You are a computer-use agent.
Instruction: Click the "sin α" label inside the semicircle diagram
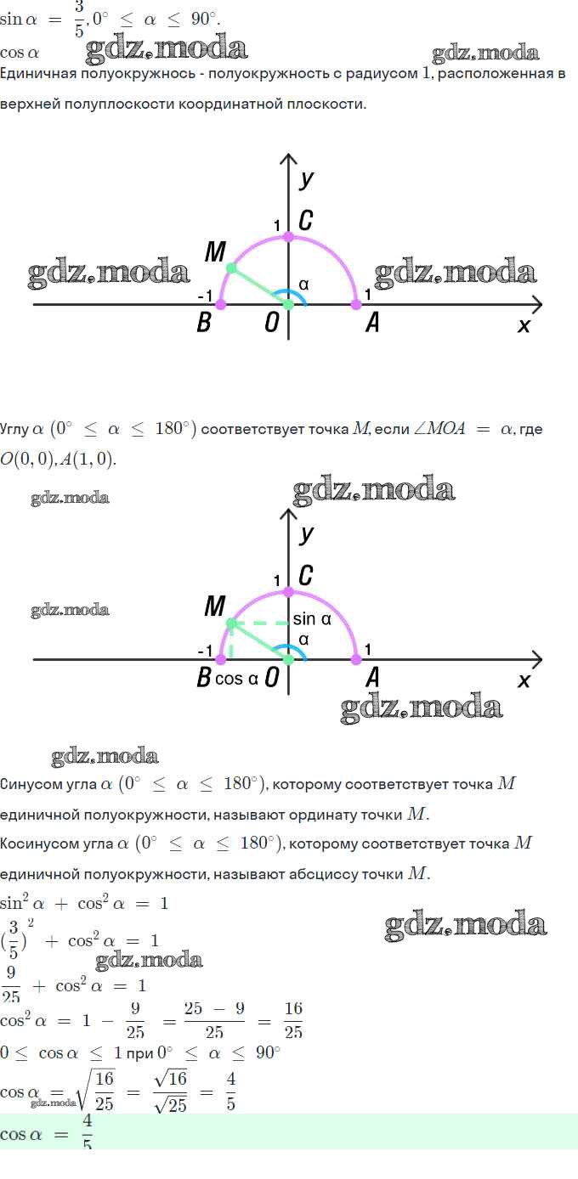tap(312, 619)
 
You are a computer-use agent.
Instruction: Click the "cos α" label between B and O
tap(236, 679)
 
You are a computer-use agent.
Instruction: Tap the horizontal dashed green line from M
tap(260, 623)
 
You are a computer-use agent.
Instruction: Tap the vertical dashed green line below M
tap(231, 641)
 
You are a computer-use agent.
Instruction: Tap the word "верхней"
tap(30, 104)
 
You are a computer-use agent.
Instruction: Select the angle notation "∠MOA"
tap(439, 429)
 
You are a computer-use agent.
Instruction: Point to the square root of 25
tap(171, 1105)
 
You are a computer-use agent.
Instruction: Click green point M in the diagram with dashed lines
tap(231, 623)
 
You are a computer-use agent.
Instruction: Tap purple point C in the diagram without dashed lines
tap(289, 237)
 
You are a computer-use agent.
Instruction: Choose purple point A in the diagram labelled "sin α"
tap(356, 659)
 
